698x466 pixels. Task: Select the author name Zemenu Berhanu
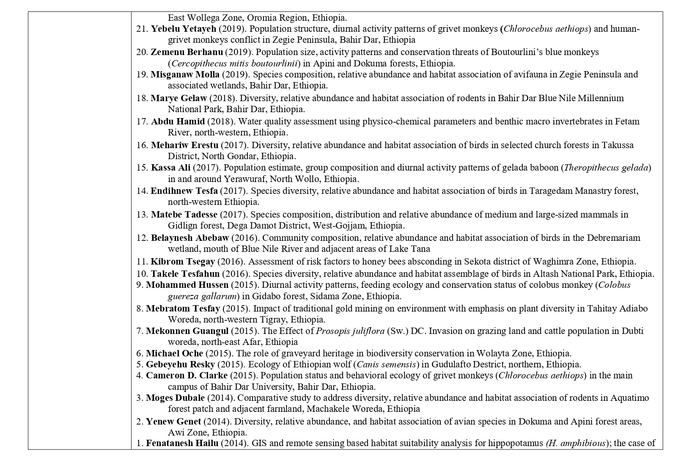pyautogui.click(x=187, y=52)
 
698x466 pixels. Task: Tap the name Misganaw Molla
pyautogui.click(x=185, y=74)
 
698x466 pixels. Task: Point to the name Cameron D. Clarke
pyautogui.click(x=187, y=375)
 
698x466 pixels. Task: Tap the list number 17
pyautogui.click(x=142, y=121)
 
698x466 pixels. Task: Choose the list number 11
pyautogui.click(x=142, y=262)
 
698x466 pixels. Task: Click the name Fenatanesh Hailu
pyautogui.click(x=182, y=444)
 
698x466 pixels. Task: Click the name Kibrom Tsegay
pyautogui.click(x=183, y=262)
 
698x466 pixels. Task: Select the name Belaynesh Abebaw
pyautogui.click(x=190, y=238)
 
